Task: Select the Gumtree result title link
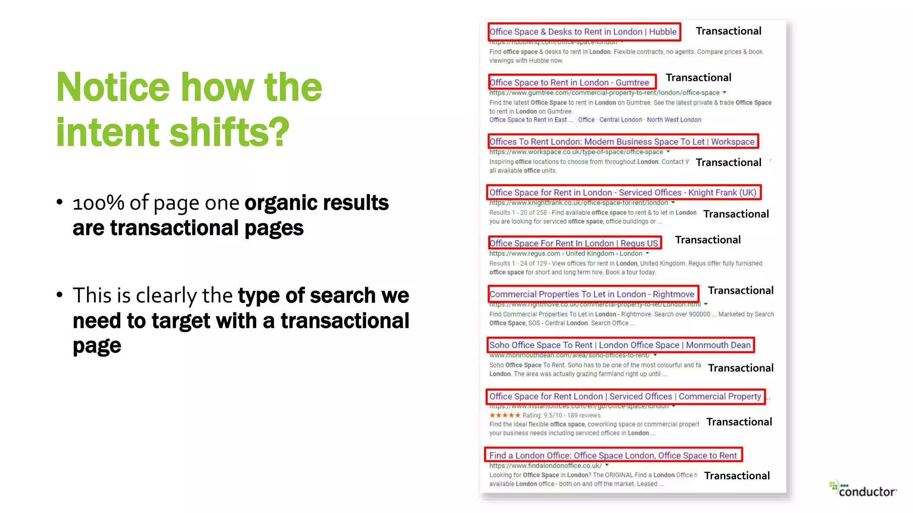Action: [569, 82]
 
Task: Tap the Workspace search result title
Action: [622, 142]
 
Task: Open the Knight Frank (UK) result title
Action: [623, 192]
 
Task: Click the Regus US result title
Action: [574, 243]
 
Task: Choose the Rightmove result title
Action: [592, 294]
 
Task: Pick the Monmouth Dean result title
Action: [620, 345]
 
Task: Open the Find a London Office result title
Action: [613, 455]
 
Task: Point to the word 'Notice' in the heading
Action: [113, 87]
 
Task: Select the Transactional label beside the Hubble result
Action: [728, 31]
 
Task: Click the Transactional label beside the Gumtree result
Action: [699, 77]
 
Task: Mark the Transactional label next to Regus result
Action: [708, 240]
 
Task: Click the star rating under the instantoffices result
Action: [505, 415]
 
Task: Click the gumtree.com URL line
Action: [604, 93]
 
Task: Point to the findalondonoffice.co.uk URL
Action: [545, 465]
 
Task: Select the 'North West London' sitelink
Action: [674, 120]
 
